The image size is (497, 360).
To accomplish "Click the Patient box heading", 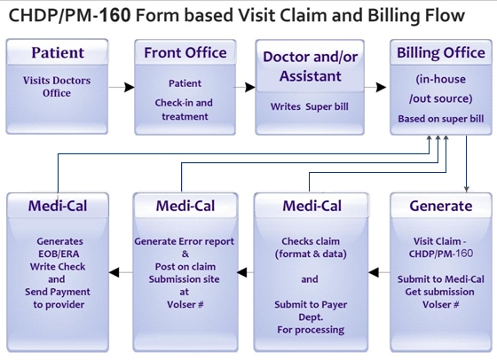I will pos(59,52).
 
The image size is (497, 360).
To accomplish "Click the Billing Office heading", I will pos(440,52).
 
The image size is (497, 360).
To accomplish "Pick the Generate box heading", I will pos(440,207).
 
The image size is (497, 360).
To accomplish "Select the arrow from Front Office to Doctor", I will pos(248,88).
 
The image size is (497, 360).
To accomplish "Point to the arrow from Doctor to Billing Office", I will pos(376,88).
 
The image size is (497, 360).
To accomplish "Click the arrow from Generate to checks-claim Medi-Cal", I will pos(377,263).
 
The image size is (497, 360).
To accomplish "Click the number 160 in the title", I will pos(120,15).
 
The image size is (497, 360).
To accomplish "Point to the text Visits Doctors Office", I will pos(59,87).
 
